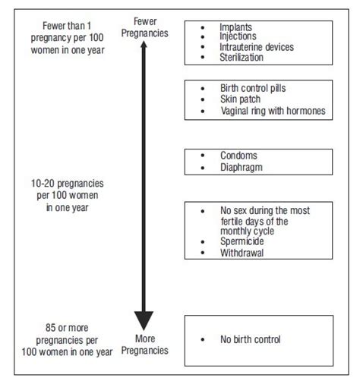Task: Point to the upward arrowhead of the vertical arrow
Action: (144, 50)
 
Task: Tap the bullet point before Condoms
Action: (202, 155)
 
